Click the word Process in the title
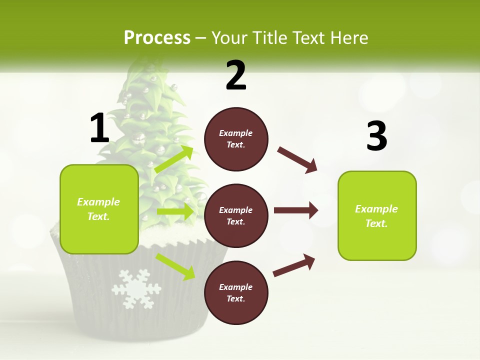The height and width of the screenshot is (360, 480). tap(157, 37)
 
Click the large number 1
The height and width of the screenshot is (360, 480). tap(99, 128)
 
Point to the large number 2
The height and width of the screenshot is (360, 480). tap(236, 75)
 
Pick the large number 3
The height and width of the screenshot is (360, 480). tap(376, 136)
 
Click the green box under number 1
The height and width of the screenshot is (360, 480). tap(99, 209)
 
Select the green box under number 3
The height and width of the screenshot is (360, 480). tap(377, 216)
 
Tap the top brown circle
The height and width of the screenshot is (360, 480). tap(236, 139)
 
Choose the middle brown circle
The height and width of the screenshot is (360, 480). tap(236, 215)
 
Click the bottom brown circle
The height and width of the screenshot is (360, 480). tap(236, 292)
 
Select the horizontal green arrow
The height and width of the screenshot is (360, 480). tap(175, 212)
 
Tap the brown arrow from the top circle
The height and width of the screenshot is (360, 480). tap(297, 159)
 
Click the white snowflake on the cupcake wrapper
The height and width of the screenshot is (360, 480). tap(136, 288)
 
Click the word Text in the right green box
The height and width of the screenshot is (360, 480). tap(376, 223)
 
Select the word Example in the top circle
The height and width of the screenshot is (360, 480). tap(236, 133)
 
